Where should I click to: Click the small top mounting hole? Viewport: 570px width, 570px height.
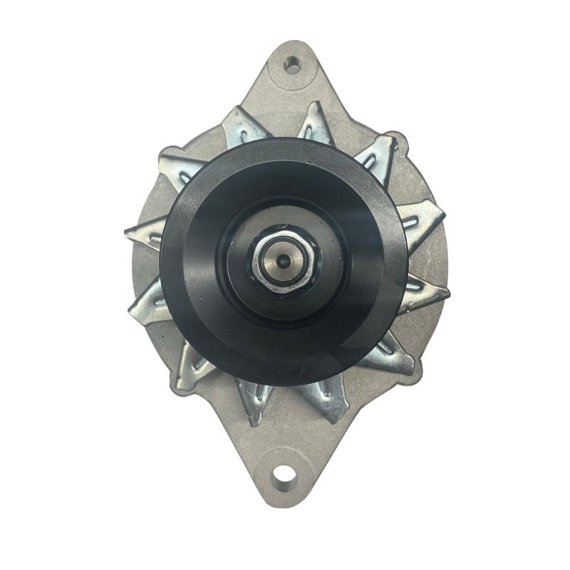(291, 65)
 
